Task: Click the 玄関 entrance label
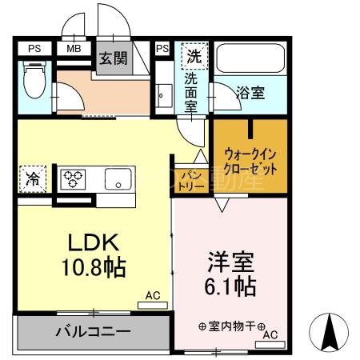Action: [x=114, y=58]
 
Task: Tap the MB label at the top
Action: [x=74, y=48]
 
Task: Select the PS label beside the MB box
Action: [x=34, y=48]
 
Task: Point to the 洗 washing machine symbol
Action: [x=194, y=57]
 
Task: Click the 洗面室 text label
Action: [x=192, y=94]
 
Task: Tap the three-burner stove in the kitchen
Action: [x=74, y=178]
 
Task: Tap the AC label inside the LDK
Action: [x=152, y=296]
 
